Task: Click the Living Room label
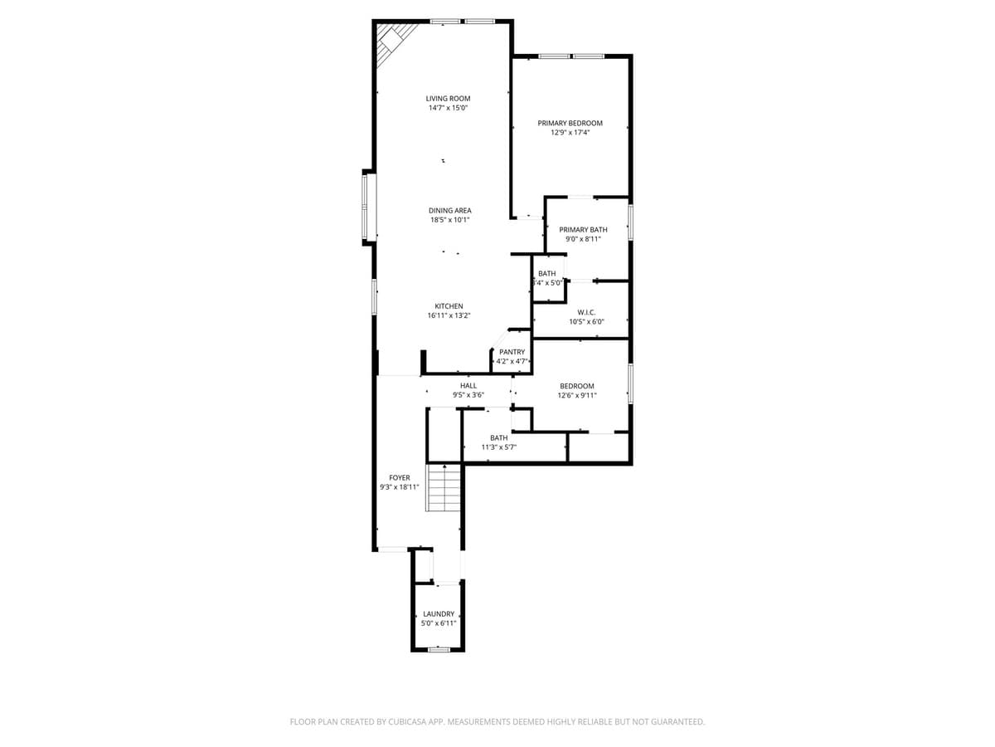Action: click(x=448, y=99)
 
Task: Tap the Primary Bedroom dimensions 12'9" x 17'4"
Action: click(x=570, y=132)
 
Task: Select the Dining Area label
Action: click(x=449, y=211)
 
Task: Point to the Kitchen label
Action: click(x=449, y=306)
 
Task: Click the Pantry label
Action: click(x=512, y=352)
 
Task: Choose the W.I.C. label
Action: click(x=586, y=312)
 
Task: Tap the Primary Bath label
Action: click(x=583, y=229)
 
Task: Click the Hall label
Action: click(x=468, y=386)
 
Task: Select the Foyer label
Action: click(x=400, y=478)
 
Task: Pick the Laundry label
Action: click(x=439, y=613)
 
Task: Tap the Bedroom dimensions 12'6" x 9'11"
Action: click(x=577, y=396)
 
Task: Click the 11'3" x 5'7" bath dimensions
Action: click(x=498, y=447)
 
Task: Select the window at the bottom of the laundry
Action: click(x=439, y=650)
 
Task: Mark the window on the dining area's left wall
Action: click(x=368, y=206)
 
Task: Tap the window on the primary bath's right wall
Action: click(x=630, y=222)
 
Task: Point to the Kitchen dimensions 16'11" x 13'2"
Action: click(x=449, y=315)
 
